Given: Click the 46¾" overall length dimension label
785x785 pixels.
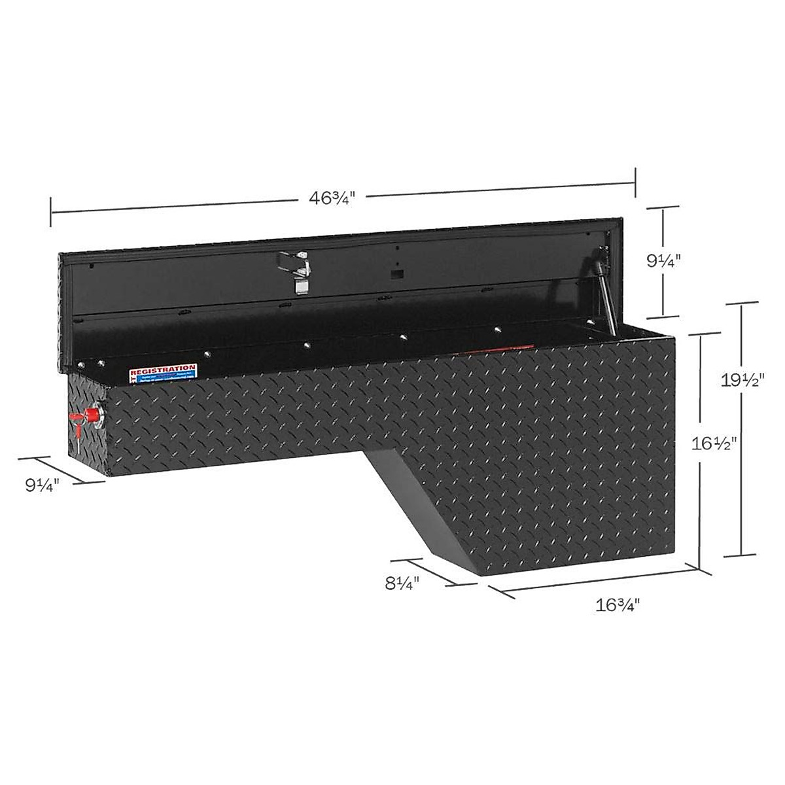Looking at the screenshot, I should [336, 198].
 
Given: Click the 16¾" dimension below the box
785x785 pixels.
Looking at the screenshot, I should [616, 604].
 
